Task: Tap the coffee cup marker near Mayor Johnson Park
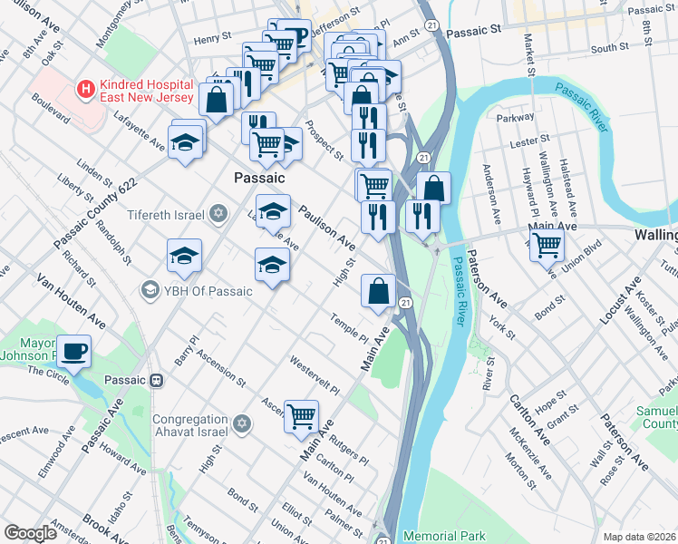(x=73, y=350)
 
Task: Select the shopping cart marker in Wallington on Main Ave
(x=547, y=243)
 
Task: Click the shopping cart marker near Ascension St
(x=301, y=416)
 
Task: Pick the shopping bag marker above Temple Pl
(x=378, y=291)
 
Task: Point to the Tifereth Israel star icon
(x=218, y=214)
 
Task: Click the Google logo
(x=30, y=532)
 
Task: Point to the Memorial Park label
(x=445, y=536)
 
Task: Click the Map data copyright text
(x=640, y=536)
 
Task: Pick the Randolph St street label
(x=113, y=241)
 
